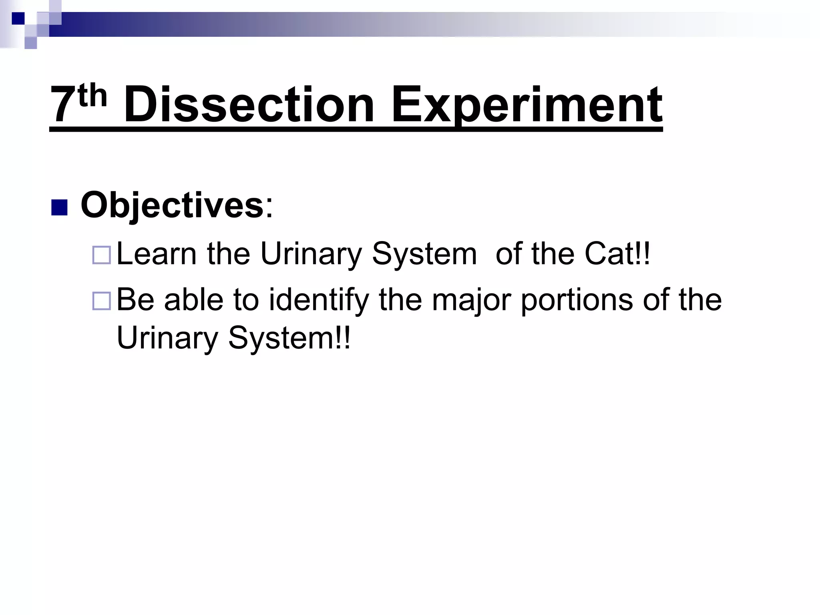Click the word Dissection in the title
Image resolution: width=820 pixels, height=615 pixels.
(249, 105)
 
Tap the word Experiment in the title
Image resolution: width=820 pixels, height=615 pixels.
(526, 105)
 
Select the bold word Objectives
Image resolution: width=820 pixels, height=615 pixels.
(172, 205)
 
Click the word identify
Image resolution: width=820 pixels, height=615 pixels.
(318, 300)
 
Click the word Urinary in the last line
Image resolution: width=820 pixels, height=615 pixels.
(167, 338)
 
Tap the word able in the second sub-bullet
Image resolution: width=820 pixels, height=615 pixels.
(193, 300)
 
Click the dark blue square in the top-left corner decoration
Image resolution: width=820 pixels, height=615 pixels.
(18, 18)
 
